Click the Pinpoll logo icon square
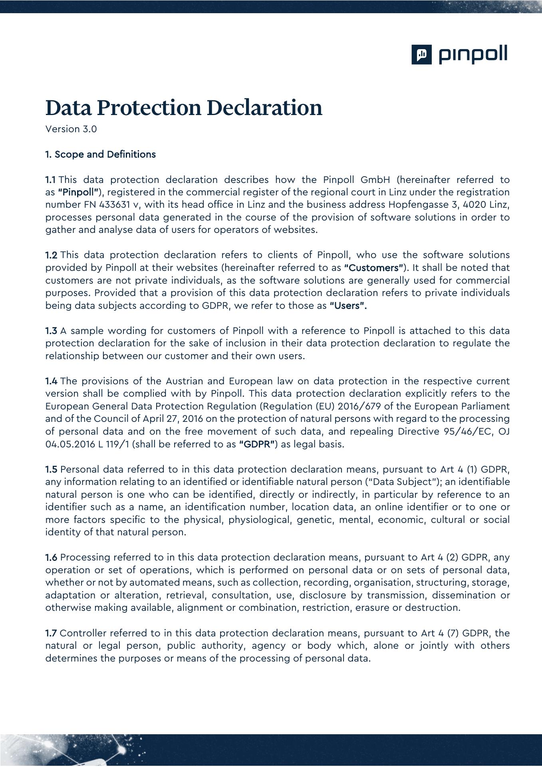coord(421,54)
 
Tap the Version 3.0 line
coord(71,129)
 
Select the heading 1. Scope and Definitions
coord(100,155)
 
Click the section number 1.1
coord(51,180)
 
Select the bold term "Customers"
coord(373,268)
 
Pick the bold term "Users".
coord(348,306)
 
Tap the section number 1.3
coord(51,331)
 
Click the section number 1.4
coord(51,381)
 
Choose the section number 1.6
coord(51,557)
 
